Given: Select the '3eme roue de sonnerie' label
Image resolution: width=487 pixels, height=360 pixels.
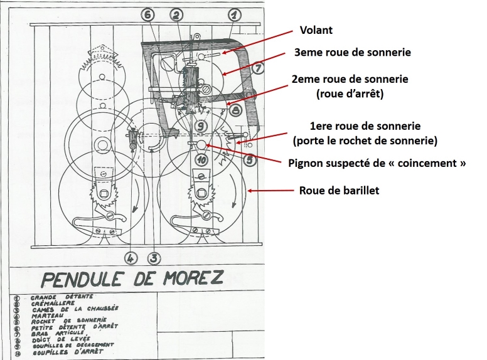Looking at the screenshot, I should point(353,53).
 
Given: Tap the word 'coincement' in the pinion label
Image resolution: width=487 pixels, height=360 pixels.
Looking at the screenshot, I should point(418,162).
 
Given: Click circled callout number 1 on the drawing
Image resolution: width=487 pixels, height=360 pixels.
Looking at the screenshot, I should point(233,13).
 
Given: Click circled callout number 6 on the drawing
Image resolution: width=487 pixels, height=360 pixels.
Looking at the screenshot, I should point(147,14).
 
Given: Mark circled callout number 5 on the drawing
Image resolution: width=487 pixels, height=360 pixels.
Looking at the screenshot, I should point(250,161).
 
